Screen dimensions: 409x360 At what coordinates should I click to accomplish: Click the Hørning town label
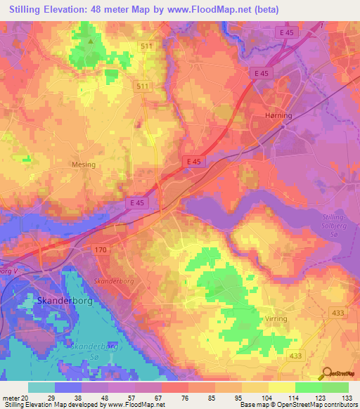click(279, 115)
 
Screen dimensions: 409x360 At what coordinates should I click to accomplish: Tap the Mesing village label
click(83, 165)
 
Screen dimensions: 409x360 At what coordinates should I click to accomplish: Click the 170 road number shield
click(100, 249)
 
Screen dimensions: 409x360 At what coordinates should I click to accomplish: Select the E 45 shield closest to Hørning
click(260, 73)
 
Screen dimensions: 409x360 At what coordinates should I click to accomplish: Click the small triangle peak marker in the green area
click(91, 40)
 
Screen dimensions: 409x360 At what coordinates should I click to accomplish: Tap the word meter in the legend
click(13, 398)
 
